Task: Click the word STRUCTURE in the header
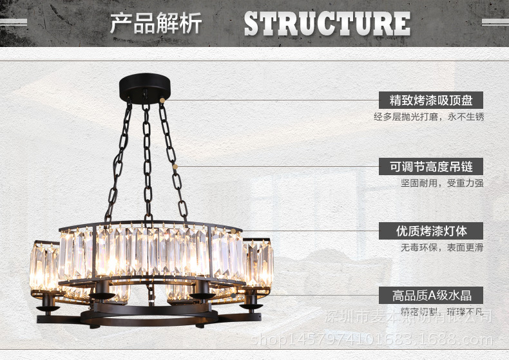(327, 24)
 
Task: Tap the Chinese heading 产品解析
(156, 24)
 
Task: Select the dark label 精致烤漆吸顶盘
(431, 100)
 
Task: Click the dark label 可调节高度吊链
(431, 167)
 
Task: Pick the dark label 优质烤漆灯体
(431, 231)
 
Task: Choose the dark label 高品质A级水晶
(431, 296)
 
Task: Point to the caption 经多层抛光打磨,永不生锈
(428, 117)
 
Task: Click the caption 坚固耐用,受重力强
(441, 183)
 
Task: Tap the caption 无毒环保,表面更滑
(441, 247)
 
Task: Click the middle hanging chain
(148, 161)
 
